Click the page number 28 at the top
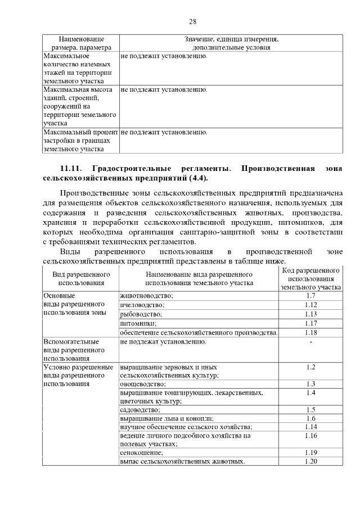click(192, 22)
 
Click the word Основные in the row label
click(59, 296)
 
